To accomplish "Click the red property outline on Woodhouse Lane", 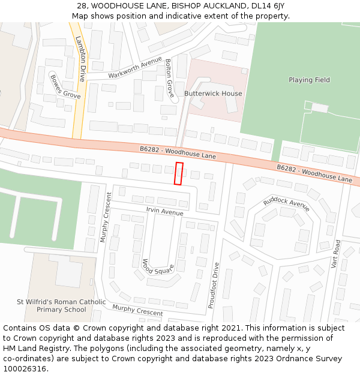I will point(178,173).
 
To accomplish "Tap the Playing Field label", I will point(309,80).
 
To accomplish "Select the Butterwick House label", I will point(213,94).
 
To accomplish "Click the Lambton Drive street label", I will point(80,58).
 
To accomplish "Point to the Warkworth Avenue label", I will point(135,68).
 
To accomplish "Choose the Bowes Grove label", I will point(65,87).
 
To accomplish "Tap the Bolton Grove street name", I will point(169,78).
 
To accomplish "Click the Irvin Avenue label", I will point(164,212).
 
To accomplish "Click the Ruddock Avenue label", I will point(286,204).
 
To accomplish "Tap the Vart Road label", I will point(336,254).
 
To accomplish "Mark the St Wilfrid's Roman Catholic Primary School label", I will point(61,306).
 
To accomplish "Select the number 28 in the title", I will point(82,6).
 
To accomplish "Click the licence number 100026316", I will point(26,369).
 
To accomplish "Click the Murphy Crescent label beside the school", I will point(137,310).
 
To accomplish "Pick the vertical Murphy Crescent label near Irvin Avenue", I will point(106,217).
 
